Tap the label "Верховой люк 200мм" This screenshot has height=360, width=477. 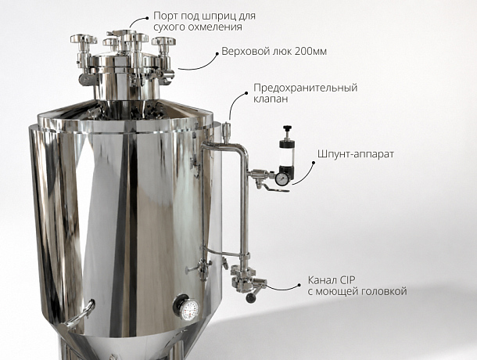click(274, 51)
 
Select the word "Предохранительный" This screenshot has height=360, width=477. click(306, 88)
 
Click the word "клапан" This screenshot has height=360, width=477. click(271, 99)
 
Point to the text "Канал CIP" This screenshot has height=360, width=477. click(332, 280)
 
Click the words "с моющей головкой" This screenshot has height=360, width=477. click(357, 291)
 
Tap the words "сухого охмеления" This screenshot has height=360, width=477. click(198, 27)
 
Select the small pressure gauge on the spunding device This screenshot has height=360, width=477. click(282, 178)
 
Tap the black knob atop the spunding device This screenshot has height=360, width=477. click(287, 128)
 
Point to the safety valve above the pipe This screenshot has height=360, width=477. click(226, 132)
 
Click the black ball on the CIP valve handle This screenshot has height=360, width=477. click(251, 298)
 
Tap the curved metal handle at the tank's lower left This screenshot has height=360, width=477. click(80, 315)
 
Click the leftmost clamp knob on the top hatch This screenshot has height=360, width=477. click(84, 39)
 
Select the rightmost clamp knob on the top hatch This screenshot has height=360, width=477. click(163, 41)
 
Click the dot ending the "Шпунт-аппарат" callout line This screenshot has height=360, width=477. click(314, 162)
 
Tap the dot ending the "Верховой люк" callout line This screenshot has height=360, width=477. click(217, 54)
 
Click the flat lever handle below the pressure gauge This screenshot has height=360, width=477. click(276, 189)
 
